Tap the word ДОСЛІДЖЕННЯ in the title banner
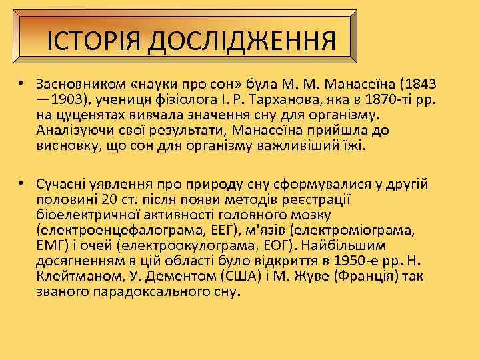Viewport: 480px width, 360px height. pos(243,41)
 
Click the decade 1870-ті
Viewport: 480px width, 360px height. pos(390,100)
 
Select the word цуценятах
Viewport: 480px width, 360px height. pos(83,115)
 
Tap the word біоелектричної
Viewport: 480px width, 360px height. pos(79,215)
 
